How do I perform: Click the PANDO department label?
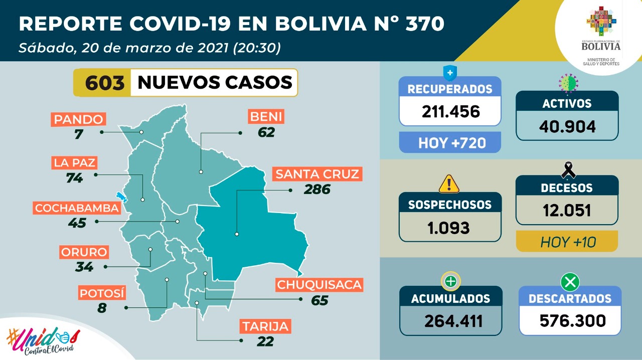[x=79, y=119]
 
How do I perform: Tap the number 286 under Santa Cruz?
[x=317, y=190]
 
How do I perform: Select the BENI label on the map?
[x=266, y=117]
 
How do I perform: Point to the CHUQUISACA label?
[x=319, y=285]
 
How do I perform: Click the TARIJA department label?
[x=265, y=326]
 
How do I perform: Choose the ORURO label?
[x=84, y=252]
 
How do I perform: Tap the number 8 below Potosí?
[x=102, y=307]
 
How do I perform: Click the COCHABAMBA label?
[x=77, y=208]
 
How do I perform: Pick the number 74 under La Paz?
[x=74, y=177]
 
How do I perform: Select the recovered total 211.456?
[x=450, y=111]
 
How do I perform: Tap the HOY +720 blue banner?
[x=450, y=143]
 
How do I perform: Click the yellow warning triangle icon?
[x=449, y=184]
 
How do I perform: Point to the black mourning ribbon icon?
[x=568, y=170]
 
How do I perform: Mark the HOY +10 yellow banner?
[x=567, y=242]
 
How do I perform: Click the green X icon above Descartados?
[x=570, y=282]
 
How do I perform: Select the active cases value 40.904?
[x=567, y=126]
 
